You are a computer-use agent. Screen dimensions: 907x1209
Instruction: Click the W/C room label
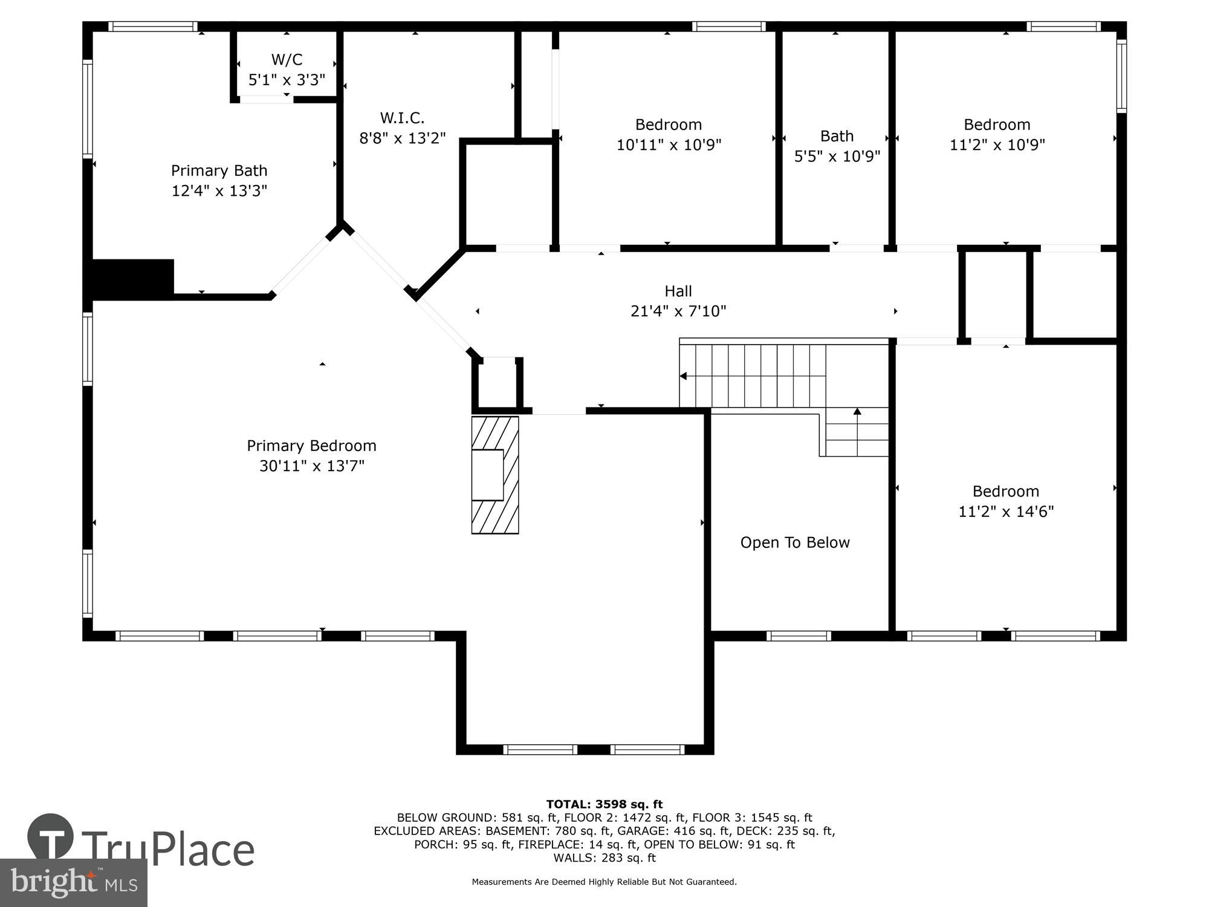[x=287, y=60]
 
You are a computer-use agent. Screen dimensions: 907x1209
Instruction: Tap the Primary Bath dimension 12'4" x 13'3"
[x=219, y=191]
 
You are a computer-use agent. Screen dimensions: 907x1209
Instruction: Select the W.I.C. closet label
[x=402, y=118]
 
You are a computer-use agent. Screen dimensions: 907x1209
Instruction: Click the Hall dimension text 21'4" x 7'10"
[x=678, y=311]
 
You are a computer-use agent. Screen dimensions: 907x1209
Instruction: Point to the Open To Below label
[x=794, y=543]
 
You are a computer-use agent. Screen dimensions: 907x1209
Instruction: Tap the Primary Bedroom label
[x=311, y=446]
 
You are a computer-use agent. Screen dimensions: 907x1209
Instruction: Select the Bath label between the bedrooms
[x=837, y=137]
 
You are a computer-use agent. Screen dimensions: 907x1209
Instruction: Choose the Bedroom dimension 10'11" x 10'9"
[x=669, y=145]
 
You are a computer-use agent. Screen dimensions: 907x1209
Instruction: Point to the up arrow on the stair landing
[x=857, y=412]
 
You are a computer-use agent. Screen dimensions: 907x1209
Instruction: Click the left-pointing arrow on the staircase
[x=683, y=376]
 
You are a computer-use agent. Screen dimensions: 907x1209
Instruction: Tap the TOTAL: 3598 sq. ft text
[x=604, y=804]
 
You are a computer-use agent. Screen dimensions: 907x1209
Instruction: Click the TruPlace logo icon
[x=51, y=837]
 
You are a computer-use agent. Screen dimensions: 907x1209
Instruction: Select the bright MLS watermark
[x=74, y=883]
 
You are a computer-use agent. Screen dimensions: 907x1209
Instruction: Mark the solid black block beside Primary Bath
[x=132, y=278]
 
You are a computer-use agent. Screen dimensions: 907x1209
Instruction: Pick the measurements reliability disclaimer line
[x=604, y=882]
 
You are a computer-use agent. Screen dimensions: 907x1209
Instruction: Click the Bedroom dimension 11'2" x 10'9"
[x=997, y=145]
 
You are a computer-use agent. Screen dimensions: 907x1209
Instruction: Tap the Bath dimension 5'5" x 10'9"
[x=837, y=157]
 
